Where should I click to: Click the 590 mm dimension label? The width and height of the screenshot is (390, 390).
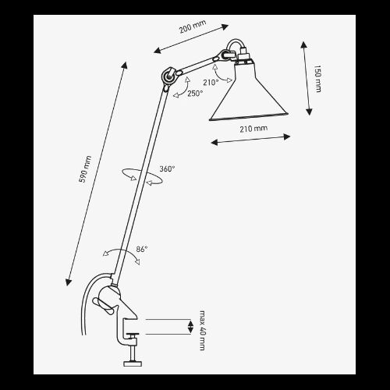(x=85, y=169)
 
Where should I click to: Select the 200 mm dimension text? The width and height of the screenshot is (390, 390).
(x=193, y=27)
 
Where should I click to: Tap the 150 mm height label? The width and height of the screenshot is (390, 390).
(x=317, y=79)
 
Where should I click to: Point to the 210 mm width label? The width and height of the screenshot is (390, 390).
(x=253, y=129)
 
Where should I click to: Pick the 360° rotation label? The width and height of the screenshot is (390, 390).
(x=167, y=169)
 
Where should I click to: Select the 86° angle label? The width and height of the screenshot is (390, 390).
(x=142, y=249)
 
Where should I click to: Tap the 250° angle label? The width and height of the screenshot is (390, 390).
(x=195, y=94)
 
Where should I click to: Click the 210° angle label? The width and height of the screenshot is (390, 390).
(x=211, y=83)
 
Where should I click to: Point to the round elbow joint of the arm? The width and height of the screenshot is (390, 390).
(x=168, y=76)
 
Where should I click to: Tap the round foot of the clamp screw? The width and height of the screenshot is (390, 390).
(x=133, y=363)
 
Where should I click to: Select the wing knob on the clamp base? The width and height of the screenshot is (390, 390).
(x=103, y=306)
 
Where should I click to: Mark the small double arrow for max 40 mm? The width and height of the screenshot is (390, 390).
(x=190, y=327)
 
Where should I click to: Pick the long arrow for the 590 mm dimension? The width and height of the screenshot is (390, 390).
(x=97, y=174)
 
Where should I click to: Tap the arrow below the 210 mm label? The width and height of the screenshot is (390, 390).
(x=250, y=140)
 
